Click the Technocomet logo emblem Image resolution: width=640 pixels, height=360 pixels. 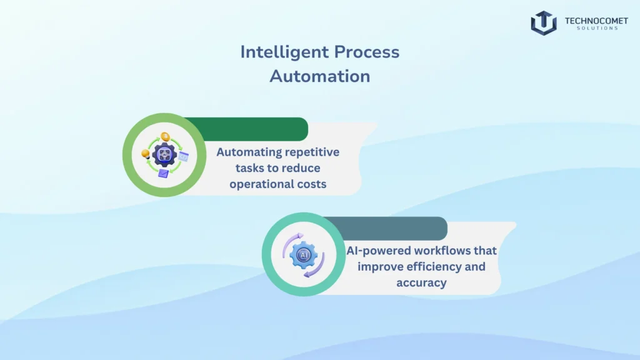[544, 22]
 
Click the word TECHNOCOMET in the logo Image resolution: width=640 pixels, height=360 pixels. [591, 21]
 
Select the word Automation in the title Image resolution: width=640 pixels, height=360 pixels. [320, 76]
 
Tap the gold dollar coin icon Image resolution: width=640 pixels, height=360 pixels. [165, 136]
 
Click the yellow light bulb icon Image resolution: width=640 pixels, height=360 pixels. [146, 154]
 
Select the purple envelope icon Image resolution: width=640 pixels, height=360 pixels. [164, 172]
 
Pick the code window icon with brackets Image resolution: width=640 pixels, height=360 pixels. [183, 157]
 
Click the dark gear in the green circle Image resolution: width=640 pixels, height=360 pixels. [164, 154]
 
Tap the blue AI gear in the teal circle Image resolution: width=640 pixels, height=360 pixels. [304, 256]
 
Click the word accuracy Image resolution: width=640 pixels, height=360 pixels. [421, 283]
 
